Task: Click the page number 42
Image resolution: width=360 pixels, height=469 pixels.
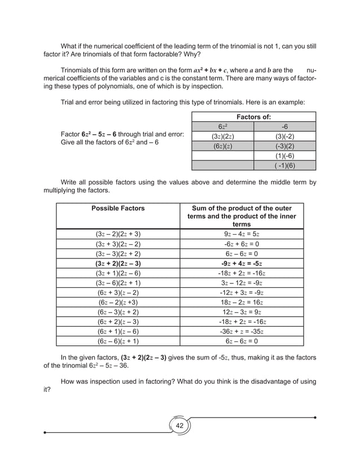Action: point(179,426)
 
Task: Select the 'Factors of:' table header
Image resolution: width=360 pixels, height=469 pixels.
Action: point(253,117)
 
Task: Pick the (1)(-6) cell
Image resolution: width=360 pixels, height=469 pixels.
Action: point(284,155)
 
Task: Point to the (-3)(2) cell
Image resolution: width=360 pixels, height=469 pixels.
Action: point(284,146)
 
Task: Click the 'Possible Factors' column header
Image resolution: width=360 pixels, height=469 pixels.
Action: point(117,208)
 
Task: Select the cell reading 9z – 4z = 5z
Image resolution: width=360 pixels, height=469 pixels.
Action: point(241,233)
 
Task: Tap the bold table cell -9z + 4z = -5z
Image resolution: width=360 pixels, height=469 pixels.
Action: point(241,263)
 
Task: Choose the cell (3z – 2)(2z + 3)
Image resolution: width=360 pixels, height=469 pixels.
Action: point(117,233)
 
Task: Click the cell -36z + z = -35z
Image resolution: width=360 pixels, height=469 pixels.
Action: point(241,331)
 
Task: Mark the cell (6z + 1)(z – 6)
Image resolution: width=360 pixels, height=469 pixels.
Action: point(117,331)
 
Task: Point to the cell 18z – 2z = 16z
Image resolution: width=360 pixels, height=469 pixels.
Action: point(241,302)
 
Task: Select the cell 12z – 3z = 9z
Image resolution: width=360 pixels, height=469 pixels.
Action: point(241,312)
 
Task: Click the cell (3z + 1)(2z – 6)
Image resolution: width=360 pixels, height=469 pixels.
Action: point(117,273)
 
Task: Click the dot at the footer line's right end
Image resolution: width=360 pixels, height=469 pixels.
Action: point(315,418)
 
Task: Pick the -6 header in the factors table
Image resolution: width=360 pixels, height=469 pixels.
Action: point(284,126)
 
